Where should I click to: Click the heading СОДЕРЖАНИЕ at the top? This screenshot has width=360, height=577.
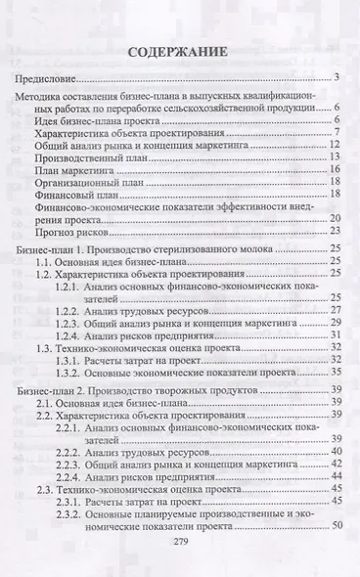pyautogui.click(x=179, y=50)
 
